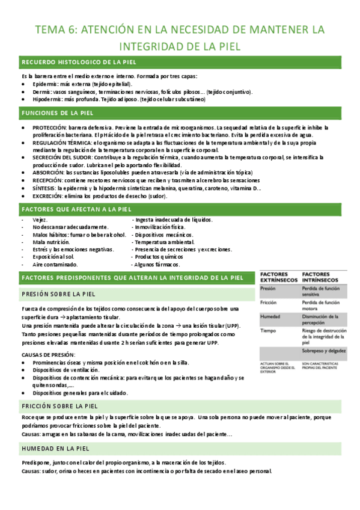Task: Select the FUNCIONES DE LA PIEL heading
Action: [58, 113]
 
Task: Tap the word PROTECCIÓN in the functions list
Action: [46, 128]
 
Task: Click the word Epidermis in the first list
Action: [46, 84]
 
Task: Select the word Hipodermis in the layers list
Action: [47, 99]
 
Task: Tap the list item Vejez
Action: [40, 220]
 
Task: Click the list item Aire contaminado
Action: [55, 265]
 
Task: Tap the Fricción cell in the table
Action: [268, 303]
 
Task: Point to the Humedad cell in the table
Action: [269, 317]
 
